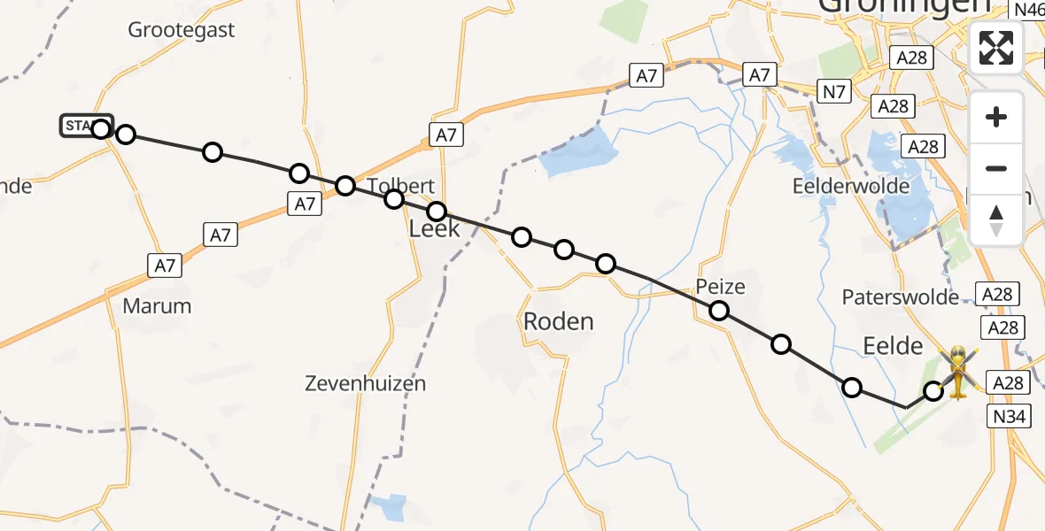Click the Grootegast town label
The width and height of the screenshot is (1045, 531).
point(182,30)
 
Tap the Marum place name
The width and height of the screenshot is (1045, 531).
point(158,306)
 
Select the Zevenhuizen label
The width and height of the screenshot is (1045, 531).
point(365,383)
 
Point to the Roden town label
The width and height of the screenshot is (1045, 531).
point(558,321)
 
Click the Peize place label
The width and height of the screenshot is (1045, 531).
point(720,287)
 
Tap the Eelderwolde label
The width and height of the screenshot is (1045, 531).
point(853,186)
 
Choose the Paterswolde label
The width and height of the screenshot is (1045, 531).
point(901,296)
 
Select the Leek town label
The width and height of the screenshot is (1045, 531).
point(434,229)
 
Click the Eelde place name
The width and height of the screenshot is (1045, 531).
point(893,346)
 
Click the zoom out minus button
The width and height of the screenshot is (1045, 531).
point(996,168)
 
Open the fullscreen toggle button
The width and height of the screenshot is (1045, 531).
point(996,47)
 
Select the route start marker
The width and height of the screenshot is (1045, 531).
point(87,127)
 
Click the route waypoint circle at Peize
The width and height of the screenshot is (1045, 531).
point(719,311)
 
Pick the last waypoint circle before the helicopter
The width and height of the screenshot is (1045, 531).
point(933,390)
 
